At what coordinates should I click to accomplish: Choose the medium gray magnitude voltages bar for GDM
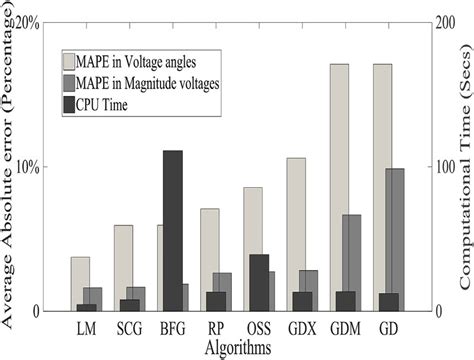tap(352, 250)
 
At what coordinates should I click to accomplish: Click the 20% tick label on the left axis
tap(28, 22)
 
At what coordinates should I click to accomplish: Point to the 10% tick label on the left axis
tap(28, 166)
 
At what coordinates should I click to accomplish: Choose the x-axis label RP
tap(216, 328)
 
